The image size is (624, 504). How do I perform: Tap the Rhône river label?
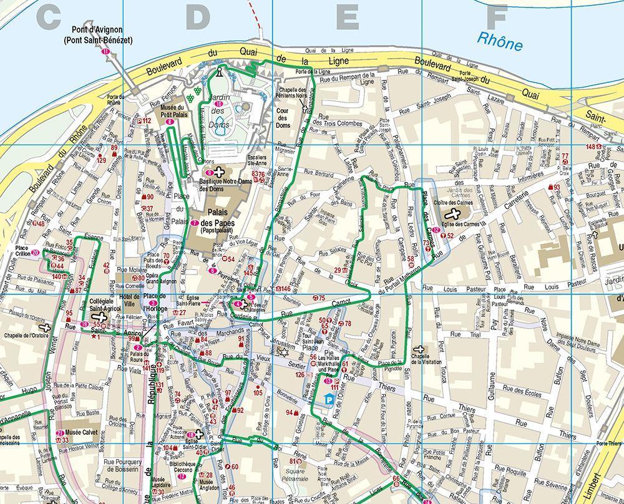[499, 41]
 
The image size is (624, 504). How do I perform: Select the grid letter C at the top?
[48, 17]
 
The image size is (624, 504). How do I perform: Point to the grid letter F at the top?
[497, 17]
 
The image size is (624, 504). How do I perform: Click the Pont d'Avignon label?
[97, 34]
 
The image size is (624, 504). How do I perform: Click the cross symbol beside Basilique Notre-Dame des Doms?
[220, 170]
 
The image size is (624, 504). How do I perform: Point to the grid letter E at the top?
[346, 17]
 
